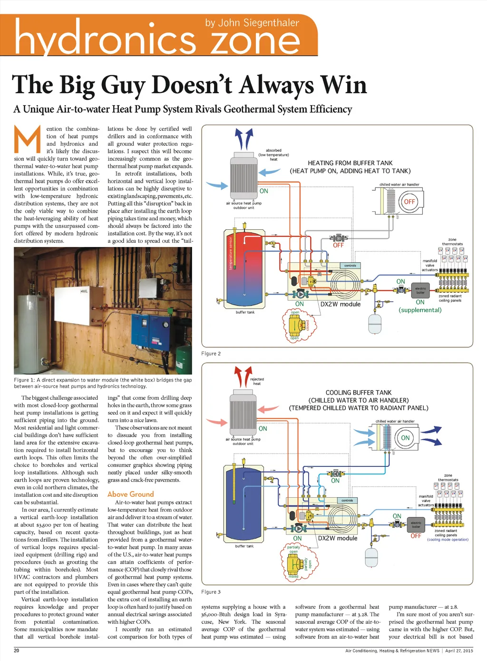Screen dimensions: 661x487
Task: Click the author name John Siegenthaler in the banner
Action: click(x=252, y=23)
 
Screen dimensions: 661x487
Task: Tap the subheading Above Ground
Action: click(x=131, y=494)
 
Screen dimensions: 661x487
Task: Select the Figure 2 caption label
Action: click(x=211, y=354)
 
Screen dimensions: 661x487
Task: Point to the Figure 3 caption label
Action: click(x=211, y=592)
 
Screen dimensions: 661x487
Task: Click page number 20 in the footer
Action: click(x=17, y=651)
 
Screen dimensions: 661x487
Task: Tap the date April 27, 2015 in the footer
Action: click(x=459, y=651)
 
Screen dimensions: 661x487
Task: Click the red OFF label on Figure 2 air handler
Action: click(x=409, y=202)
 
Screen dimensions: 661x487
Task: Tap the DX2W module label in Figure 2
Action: click(x=341, y=304)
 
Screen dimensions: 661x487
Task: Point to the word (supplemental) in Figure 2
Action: click(x=420, y=310)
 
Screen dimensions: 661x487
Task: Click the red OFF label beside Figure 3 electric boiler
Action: click(x=416, y=536)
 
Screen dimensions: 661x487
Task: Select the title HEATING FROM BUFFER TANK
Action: click(x=350, y=163)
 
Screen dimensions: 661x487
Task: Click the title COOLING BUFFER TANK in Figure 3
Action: click(x=359, y=393)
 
